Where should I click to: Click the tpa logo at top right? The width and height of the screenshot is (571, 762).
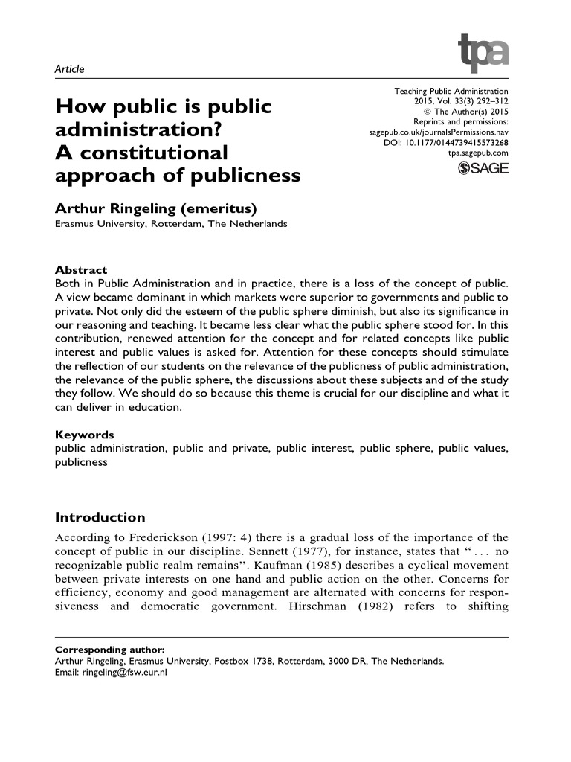pyautogui.click(x=483, y=52)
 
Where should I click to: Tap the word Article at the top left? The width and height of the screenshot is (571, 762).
pyautogui.click(x=70, y=69)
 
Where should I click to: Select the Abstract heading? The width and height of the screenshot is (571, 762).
pyautogui.click(x=82, y=270)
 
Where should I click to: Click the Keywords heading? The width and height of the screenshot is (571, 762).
pyautogui.click(x=85, y=434)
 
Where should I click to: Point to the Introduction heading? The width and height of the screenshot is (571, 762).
pyautogui.click(x=100, y=517)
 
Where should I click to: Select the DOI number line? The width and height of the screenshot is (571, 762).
pyautogui.click(x=446, y=142)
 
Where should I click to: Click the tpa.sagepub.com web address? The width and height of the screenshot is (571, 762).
pyautogui.click(x=477, y=153)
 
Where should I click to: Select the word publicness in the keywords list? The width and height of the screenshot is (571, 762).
pyautogui.click(x=81, y=462)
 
